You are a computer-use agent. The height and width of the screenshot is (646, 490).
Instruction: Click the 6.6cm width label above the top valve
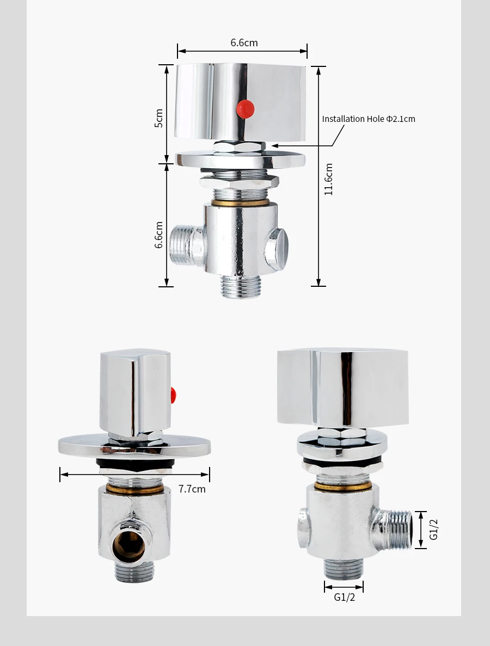tap(244, 43)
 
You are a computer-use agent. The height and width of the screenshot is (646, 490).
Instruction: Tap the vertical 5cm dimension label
tap(159, 118)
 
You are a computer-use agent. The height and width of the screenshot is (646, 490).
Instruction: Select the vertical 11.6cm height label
tap(328, 179)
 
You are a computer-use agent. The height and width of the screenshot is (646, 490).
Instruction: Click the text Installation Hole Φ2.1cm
tap(369, 119)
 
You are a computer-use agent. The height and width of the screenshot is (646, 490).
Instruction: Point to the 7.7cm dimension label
tap(192, 489)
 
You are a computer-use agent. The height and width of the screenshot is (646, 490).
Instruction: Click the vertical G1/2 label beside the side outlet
tap(433, 530)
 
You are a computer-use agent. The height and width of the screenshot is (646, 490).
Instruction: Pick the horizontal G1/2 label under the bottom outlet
tap(344, 597)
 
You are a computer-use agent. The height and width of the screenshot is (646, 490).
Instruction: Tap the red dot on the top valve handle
tap(245, 109)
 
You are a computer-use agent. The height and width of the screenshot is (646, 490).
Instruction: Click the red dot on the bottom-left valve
tap(174, 395)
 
